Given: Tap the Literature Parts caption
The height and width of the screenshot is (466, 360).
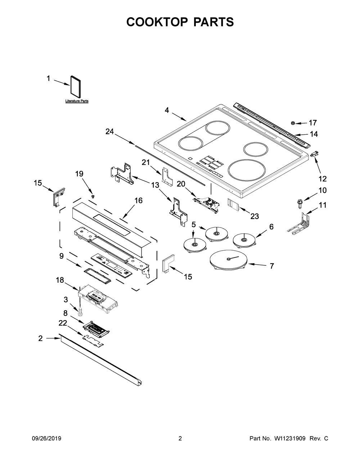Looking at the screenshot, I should pos(77,101).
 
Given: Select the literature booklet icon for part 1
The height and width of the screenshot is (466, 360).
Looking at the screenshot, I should pos(75,87).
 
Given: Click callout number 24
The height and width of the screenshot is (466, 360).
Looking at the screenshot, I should pos(109,132).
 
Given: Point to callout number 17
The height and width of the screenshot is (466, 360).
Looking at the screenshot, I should pos(312,122).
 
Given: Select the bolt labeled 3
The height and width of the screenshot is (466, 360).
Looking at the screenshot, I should pos(81,310).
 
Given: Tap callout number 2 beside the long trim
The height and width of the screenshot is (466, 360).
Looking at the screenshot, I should pos(40,338).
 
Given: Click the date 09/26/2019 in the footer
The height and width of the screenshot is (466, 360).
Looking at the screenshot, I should pos(46,439).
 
